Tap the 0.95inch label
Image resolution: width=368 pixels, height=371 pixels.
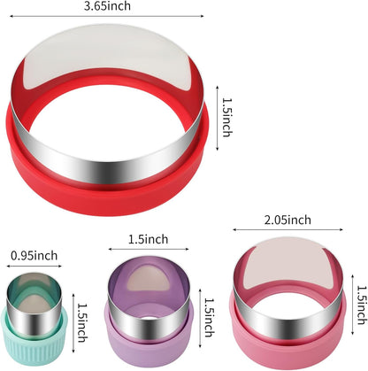click(33, 257)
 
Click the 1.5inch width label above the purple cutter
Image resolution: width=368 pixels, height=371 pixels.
click(147, 239)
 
